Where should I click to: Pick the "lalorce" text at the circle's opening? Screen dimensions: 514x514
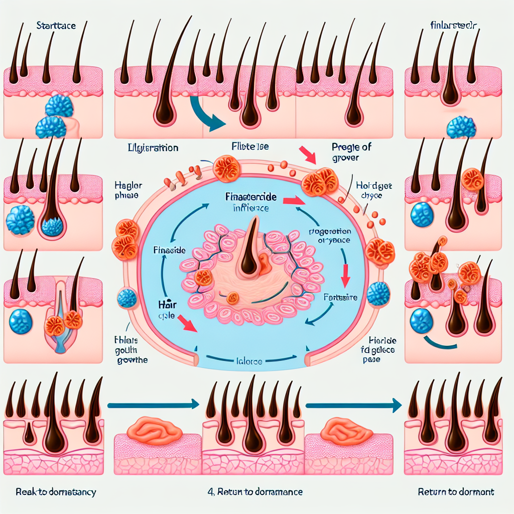(249, 360)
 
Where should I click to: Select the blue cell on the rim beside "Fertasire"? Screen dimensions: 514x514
(377, 294)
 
